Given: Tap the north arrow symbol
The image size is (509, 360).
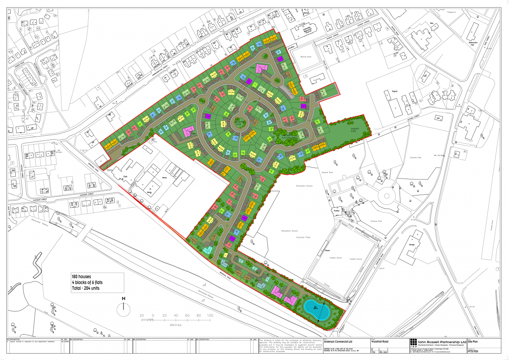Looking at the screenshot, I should [124, 306].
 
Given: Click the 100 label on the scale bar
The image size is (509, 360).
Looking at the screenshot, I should [210, 316].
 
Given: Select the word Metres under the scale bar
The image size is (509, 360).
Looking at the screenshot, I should [175, 325].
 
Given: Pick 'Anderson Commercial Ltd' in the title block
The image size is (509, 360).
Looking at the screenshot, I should [338, 341].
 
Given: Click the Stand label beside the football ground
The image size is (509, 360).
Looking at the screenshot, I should [327, 251].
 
